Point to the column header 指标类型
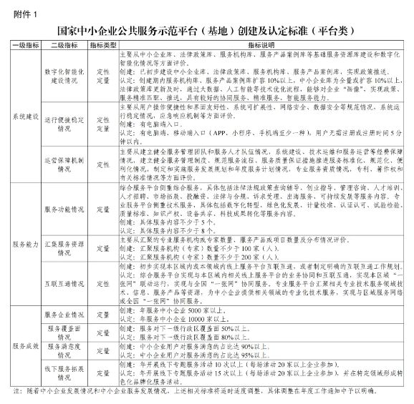[x=103, y=44]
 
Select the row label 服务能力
[x=27, y=244]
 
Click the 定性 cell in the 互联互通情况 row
[x=103, y=283]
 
